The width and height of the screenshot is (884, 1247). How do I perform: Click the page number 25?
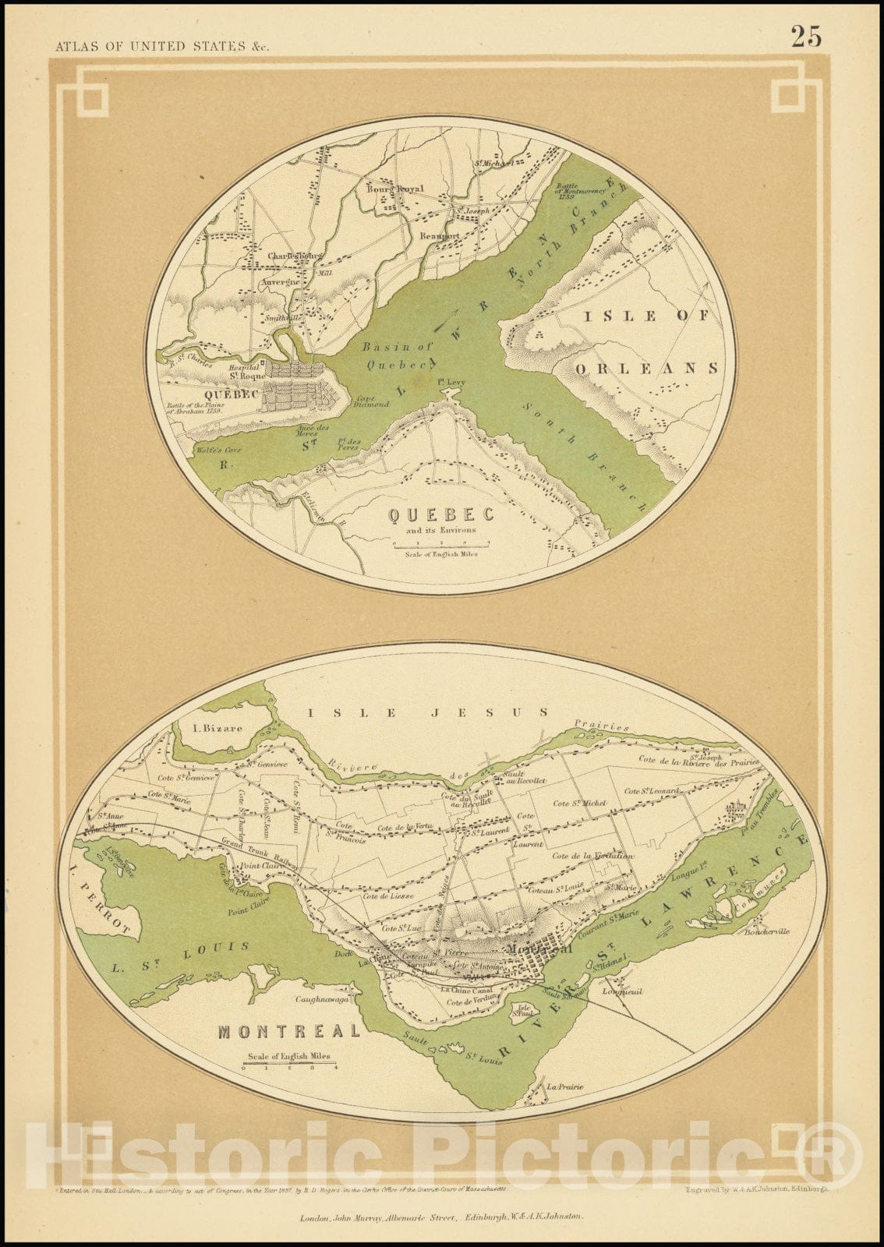click(x=806, y=36)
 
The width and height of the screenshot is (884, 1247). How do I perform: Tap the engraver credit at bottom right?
click(x=758, y=1190)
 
